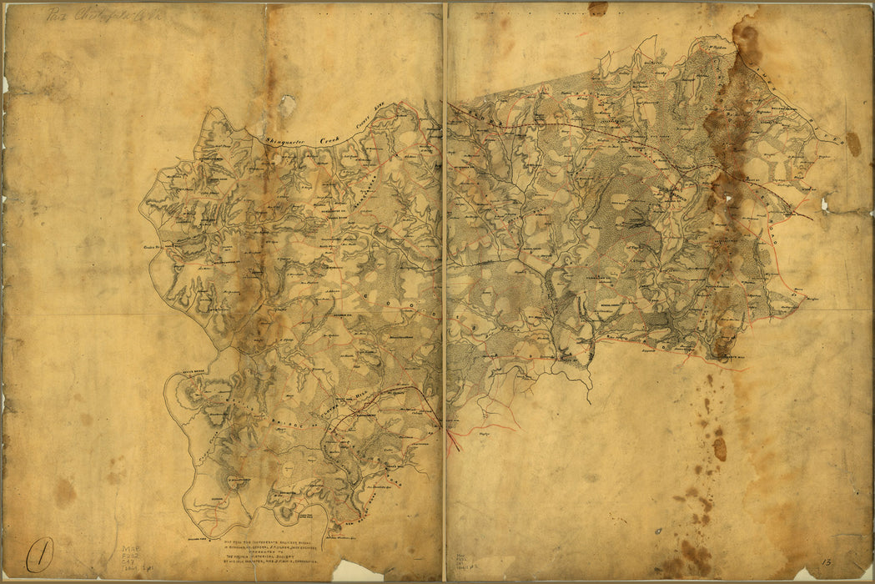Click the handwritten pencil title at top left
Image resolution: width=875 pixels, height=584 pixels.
pyautogui.click(x=96, y=14)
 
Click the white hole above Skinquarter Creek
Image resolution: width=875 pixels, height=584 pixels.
pyautogui.click(x=287, y=105)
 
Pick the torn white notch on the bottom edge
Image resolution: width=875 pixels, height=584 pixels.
pyautogui.click(x=357, y=571)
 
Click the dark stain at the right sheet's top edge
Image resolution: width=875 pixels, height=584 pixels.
pyautogui.click(x=597, y=8)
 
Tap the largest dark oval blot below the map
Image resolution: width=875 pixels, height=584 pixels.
pyautogui.click(x=719, y=449)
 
